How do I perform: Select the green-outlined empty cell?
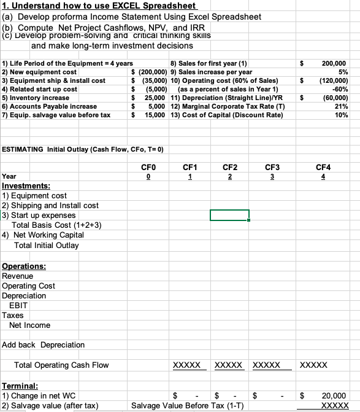pos(229,215)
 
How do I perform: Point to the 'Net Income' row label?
pos(30,325)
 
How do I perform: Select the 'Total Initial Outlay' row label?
pos(47,245)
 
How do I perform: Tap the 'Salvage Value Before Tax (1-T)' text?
pos(188,406)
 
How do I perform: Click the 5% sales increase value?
pos(342,72)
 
